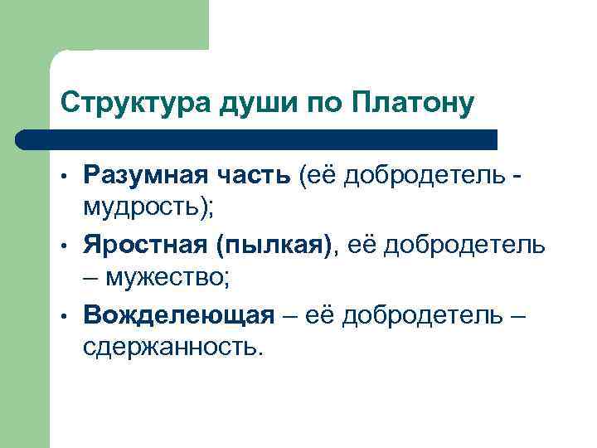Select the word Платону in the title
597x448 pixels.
point(413,103)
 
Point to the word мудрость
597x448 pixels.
point(144,207)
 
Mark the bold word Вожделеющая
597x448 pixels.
point(178,315)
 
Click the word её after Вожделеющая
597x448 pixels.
point(320,315)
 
